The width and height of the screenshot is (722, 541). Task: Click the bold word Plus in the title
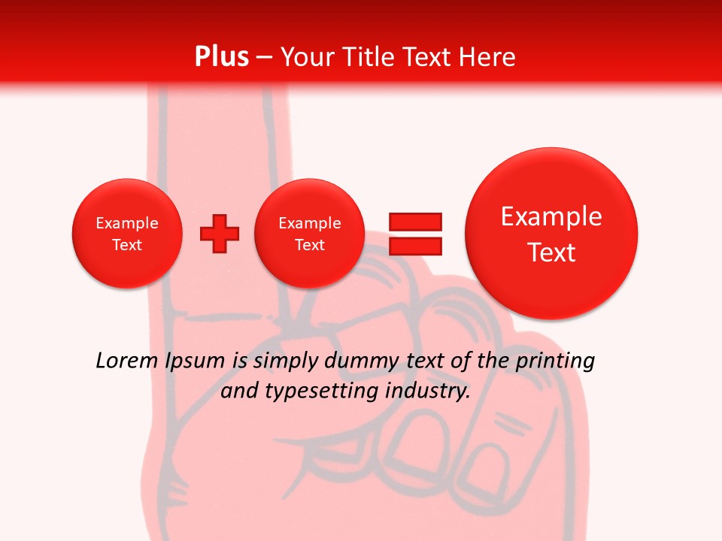pos(221,57)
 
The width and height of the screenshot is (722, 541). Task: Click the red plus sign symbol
pos(220,233)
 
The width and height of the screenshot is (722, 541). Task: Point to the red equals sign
pos(414,233)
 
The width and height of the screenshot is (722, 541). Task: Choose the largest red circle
pos(551,233)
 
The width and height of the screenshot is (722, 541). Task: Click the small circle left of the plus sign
pos(127,233)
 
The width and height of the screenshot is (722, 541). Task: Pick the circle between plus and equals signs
pos(309,233)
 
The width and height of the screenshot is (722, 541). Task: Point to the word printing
pos(555,361)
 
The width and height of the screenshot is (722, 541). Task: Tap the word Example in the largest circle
pos(551,216)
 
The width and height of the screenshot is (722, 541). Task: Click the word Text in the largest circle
pos(551,252)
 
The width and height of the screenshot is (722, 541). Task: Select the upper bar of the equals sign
pos(414,222)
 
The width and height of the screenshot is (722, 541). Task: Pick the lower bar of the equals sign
pos(414,245)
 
